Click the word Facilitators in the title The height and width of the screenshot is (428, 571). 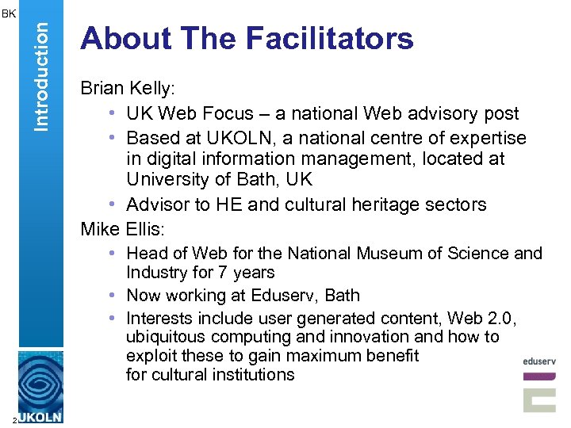point(330,38)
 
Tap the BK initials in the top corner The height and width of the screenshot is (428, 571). point(8,13)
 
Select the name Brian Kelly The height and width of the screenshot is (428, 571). point(122,89)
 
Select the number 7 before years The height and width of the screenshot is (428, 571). point(222,273)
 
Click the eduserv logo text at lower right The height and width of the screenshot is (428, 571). point(539,361)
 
